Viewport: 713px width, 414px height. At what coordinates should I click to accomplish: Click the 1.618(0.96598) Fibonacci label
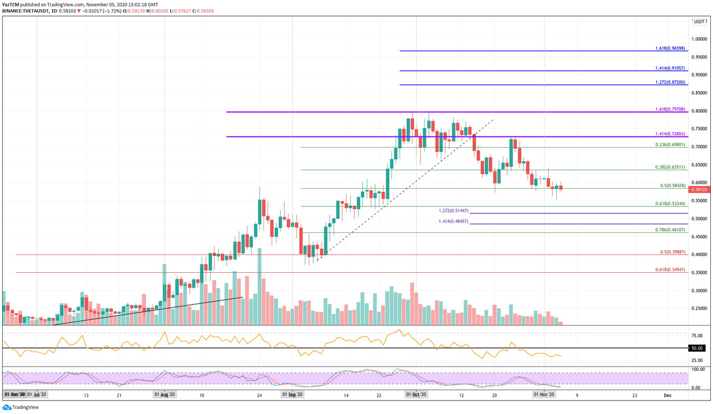(x=670, y=48)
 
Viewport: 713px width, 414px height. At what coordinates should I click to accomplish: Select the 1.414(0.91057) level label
(x=670, y=68)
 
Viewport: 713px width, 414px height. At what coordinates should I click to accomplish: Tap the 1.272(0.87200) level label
(x=670, y=82)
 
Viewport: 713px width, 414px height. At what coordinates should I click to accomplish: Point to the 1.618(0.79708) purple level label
(x=670, y=109)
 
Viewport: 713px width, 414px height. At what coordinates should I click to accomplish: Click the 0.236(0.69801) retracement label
(x=670, y=144)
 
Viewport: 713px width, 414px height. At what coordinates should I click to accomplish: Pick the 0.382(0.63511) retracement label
(x=670, y=167)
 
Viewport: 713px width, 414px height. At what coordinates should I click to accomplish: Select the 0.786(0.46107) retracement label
(x=670, y=230)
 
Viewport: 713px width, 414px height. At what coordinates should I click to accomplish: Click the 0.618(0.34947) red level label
(x=670, y=270)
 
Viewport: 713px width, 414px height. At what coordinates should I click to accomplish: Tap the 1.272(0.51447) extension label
(x=453, y=211)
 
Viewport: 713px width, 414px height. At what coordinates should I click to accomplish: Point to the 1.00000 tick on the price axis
(x=701, y=39)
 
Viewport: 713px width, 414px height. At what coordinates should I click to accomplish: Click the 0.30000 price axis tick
(x=701, y=290)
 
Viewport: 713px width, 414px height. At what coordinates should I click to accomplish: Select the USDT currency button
(x=699, y=22)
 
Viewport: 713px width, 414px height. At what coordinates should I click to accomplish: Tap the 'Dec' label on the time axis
(x=667, y=395)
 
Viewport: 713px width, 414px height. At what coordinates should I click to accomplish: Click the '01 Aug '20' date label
(x=164, y=395)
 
